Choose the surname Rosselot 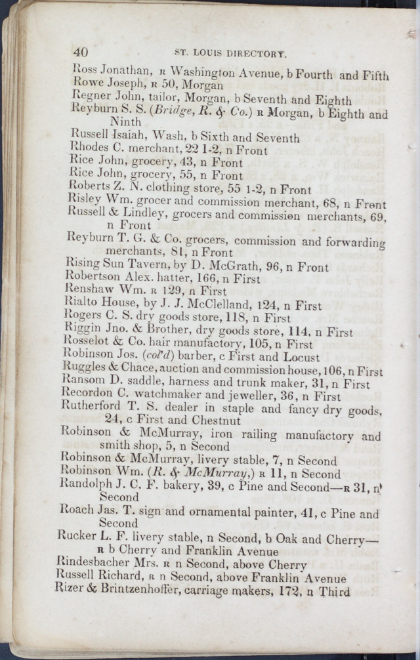coord(92,343)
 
